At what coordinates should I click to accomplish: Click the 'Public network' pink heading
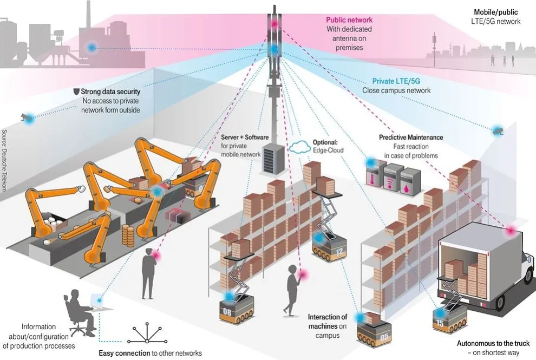(349, 20)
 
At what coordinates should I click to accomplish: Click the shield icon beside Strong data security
(76, 92)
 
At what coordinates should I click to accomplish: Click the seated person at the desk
(76, 311)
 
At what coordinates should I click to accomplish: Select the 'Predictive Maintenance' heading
(411, 138)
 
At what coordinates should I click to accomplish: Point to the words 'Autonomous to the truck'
(493, 344)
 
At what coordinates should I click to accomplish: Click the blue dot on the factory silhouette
(92, 48)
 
